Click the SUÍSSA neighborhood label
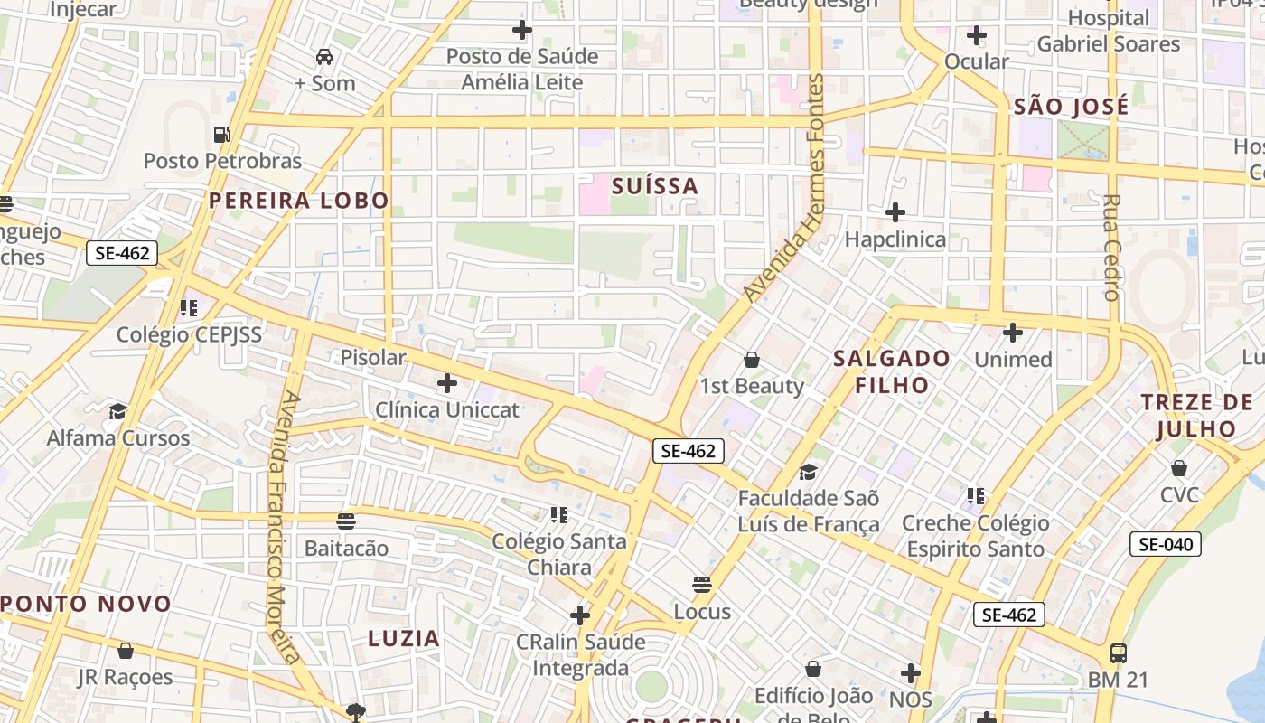point(655,186)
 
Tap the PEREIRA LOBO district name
point(299,201)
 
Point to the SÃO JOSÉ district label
point(1071,107)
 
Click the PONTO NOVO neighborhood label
point(87,604)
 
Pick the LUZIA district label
point(404,638)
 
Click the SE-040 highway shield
point(1166,544)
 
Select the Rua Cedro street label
point(1111,247)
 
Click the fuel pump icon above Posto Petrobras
point(221,135)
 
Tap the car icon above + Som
point(324,57)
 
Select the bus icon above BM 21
point(1118,653)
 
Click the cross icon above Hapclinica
point(895,212)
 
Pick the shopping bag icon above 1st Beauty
point(751,360)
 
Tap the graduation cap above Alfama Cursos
point(117,412)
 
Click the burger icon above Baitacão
point(346,521)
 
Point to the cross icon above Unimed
point(1013,333)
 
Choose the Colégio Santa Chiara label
point(559,554)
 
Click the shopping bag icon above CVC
point(1179,468)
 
